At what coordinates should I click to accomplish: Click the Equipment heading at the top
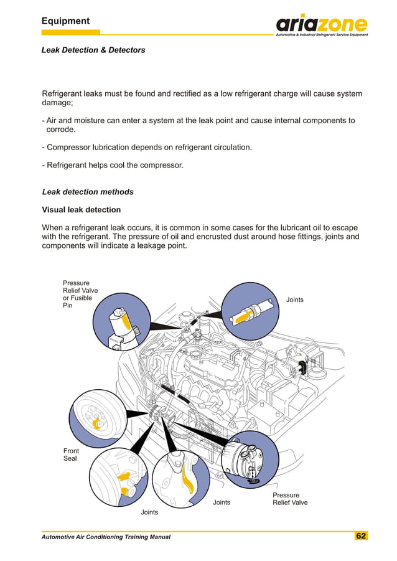(65, 21)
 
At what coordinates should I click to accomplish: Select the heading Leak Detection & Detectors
(93, 50)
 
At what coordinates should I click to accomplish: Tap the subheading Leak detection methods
(87, 192)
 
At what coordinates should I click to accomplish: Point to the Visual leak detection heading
(81, 210)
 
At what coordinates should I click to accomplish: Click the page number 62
(361, 536)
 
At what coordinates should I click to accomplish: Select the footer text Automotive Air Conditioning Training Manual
(106, 537)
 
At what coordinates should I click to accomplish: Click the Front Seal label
(71, 455)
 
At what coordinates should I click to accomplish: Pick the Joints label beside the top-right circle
(294, 300)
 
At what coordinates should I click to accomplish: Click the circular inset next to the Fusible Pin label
(121, 324)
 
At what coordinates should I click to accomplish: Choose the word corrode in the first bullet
(61, 130)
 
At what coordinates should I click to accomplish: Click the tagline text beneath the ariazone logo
(322, 35)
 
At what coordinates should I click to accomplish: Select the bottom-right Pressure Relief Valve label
(290, 499)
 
